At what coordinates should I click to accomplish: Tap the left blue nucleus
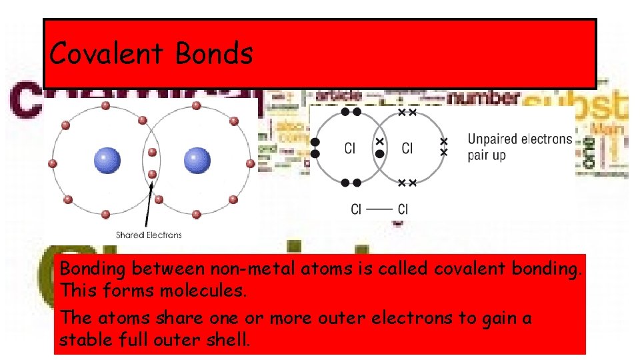107,161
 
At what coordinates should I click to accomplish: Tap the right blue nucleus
197,161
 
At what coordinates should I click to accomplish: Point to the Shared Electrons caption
149,235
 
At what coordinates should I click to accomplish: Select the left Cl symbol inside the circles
350,149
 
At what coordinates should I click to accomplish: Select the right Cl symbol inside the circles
407,149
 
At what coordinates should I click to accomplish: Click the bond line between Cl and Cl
379,209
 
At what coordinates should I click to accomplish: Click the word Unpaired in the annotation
492,139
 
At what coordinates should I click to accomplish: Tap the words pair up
487,155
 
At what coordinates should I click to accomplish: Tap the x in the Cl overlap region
379,142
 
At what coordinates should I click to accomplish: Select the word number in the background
482,99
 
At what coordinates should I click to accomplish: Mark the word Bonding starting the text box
93,270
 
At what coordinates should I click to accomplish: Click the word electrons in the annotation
546,139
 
